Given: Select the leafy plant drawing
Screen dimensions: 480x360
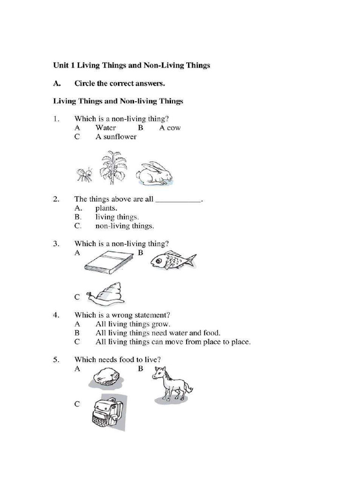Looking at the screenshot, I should tap(113, 167).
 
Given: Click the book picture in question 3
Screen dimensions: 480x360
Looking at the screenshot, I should tap(109, 261).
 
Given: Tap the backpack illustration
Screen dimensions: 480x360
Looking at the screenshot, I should tap(107, 412).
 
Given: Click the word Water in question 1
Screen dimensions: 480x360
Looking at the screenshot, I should tap(105, 128).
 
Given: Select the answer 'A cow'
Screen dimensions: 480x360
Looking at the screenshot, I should tap(170, 128).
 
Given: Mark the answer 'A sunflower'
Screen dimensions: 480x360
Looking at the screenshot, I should tap(116, 137).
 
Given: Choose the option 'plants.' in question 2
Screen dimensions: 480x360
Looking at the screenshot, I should tap(106, 208).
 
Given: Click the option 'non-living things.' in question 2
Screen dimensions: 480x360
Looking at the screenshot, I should tap(124, 226).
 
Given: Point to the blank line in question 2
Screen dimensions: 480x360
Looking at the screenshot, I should tap(178, 201).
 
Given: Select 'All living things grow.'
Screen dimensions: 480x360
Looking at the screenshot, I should tap(133, 324).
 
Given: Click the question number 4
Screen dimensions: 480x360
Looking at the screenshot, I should tap(56, 315).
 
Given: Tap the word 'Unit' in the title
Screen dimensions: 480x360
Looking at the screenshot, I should tap(60, 66).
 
